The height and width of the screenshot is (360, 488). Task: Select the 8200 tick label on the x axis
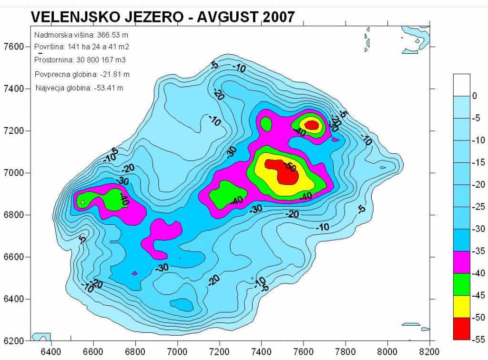pyautogui.click(x=429, y=352)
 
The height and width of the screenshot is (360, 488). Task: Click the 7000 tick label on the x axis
pyautogui.click(x=177, y=352)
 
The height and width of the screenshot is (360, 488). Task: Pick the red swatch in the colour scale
pyautogui.click(x=461, y=329)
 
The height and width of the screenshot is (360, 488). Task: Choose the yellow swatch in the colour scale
pyautogui.click(x=461, y=307)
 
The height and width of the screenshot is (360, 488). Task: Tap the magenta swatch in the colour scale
pyautogui.click(x=461, y=262)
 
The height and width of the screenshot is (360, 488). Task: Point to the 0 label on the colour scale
pyautogui.click(x=474, y=96)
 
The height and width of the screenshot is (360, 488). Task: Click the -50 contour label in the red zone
pyautogui.click(x=289, y=166)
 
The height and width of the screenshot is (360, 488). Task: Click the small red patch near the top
pyautogui.click(x=312, y=125)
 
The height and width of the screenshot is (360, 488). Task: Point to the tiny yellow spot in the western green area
pyautogui.click(x=83, y=202)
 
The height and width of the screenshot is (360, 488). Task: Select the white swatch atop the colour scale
pyautogui.click(x=461, y=85)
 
